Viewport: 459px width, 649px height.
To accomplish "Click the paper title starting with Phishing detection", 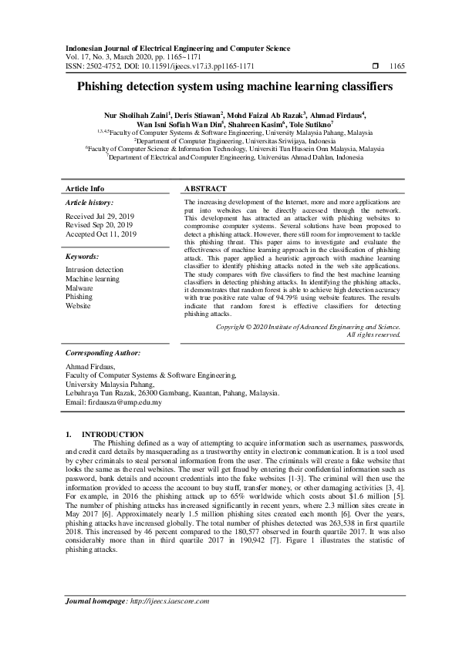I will (x=229, y=87).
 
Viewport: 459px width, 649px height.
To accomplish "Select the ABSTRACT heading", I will (x=206, y=189).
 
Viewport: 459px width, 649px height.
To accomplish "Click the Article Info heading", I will (x=85, y=189).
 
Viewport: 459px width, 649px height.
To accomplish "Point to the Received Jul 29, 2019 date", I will (x=100, y=217).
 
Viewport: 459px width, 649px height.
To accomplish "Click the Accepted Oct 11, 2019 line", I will (x=101, y=234).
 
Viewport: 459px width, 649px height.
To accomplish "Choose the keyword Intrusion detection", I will (x=94, y=270).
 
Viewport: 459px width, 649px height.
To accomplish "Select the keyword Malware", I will (x=79, y=288).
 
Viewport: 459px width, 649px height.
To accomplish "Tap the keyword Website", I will (x=78, y=305).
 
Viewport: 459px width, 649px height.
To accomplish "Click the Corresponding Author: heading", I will (x=102, y=351).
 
